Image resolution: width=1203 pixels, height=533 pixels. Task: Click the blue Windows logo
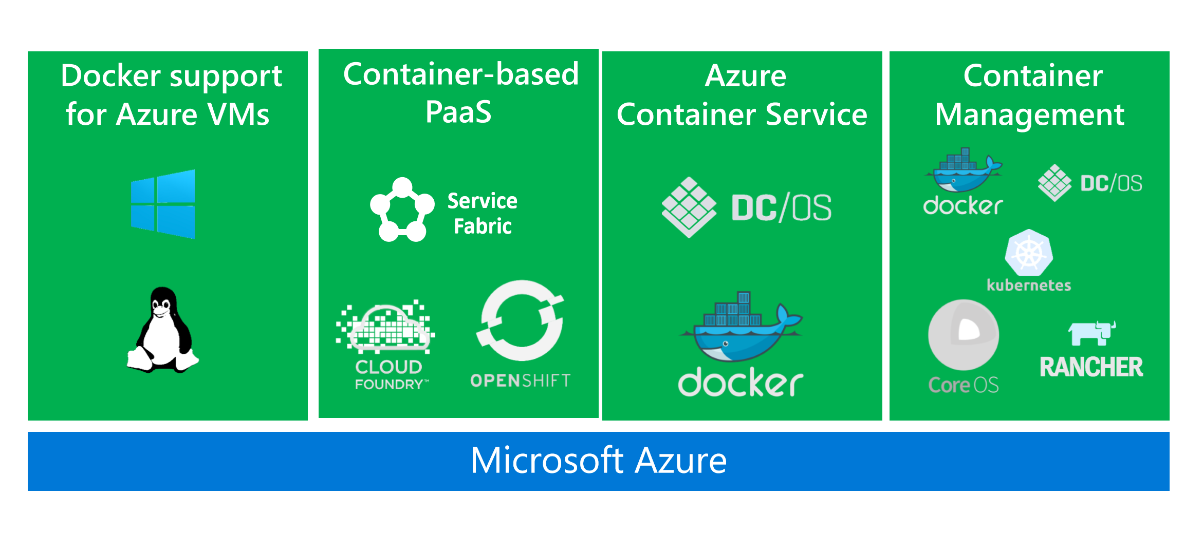163,204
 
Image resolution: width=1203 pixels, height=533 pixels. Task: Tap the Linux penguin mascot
163,331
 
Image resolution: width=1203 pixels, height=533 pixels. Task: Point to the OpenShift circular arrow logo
522,320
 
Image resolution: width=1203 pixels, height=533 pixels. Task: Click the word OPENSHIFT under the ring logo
520,380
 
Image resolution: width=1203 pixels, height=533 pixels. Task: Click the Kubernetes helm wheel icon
1029,253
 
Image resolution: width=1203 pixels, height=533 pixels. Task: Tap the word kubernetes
1029,285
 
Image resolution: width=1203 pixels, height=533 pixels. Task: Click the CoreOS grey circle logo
964,335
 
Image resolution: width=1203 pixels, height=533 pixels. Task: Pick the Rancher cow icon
1091,333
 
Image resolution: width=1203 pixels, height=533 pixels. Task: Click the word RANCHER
1091,367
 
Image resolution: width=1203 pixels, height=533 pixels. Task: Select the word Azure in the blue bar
680,461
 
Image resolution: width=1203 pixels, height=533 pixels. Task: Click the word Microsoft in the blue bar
547,461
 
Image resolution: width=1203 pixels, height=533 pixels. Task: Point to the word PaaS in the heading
458,112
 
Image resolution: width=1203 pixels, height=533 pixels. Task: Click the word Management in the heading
1029,115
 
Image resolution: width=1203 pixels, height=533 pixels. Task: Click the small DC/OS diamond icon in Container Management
1054,183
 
